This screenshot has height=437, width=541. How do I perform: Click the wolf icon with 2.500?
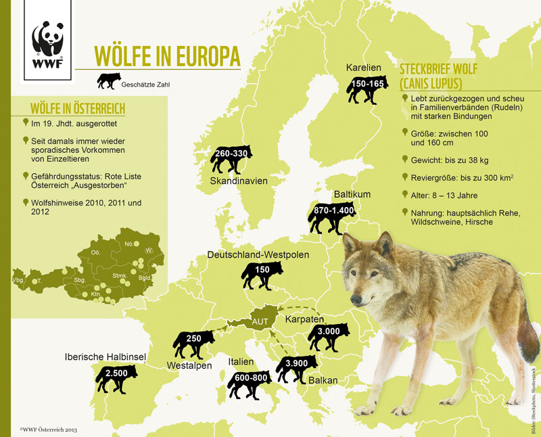click(116, 377)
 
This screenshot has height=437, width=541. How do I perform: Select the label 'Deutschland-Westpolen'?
click(258, 255)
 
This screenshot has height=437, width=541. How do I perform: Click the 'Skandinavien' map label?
click(239, 181)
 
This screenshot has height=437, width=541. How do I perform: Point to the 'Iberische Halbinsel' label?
click(105, 356)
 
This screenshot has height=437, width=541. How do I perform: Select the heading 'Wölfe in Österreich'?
click(78, 109)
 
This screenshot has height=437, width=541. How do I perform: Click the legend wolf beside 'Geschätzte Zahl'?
click(108, 80)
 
